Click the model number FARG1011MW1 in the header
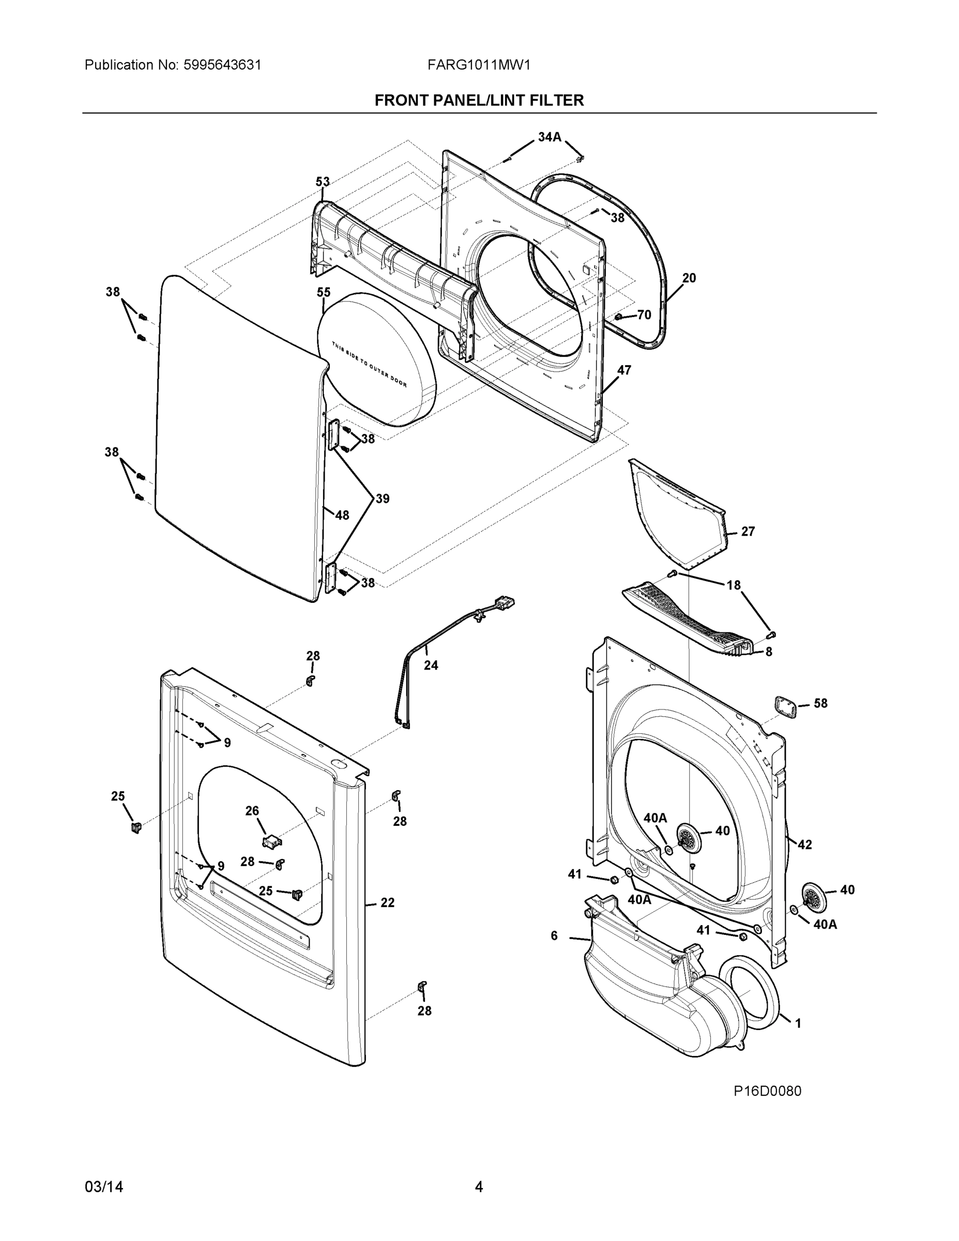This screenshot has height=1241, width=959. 478,65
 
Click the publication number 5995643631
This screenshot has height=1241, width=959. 222,65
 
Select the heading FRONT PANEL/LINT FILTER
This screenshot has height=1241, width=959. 479,101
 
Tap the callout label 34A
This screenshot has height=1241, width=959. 549,137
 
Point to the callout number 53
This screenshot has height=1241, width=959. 323,182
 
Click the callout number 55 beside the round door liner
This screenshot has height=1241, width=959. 323,292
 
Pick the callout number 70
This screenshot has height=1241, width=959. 644,315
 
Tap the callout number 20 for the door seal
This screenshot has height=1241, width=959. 689,278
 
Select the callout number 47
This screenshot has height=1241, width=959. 624,370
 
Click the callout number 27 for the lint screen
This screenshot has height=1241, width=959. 748,531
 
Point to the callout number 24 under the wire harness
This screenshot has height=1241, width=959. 431,665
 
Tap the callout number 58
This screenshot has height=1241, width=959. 820,703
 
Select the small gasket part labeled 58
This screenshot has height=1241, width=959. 786,707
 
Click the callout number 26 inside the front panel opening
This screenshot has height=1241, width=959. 252,811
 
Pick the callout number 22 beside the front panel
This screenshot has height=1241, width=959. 387,902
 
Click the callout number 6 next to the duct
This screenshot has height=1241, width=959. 554,935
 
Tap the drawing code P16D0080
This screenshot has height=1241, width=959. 767,1091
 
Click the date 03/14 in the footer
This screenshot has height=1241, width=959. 104,1187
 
